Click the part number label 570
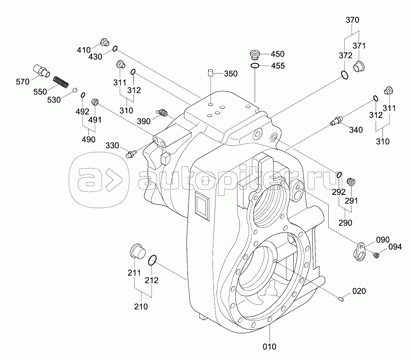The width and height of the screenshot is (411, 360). (23, 82)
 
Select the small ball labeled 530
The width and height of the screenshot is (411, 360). (75, 89)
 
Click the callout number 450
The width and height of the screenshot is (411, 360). (277, 54)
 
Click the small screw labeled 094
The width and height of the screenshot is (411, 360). (376, 255)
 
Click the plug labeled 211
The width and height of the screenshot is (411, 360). (137, 252)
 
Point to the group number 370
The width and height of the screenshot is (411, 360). (352, 20)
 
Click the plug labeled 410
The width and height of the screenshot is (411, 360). (104, 42)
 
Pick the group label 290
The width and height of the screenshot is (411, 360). (345, 223)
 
